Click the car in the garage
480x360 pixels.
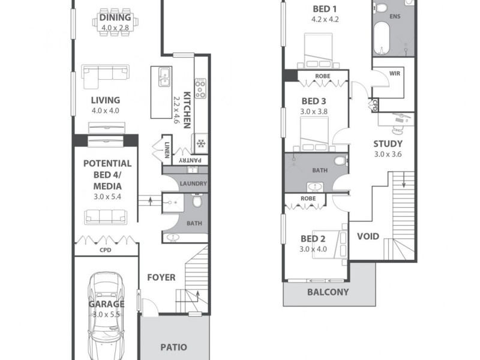tap(106, 315)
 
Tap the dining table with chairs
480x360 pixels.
tap(115, 23)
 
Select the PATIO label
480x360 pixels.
tap(174, 347)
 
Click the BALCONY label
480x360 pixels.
tap(328, 292)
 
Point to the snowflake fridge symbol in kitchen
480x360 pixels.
tap(200, 144)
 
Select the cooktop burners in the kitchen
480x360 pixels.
tap(200, 89)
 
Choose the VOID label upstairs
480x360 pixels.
tap(368, 236)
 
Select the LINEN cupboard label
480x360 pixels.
tap(166, 148)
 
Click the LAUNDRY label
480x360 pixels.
tap(193, 184)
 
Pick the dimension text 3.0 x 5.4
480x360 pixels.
tap(107, 195)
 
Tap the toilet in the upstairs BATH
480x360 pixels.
tap(340, 160)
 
